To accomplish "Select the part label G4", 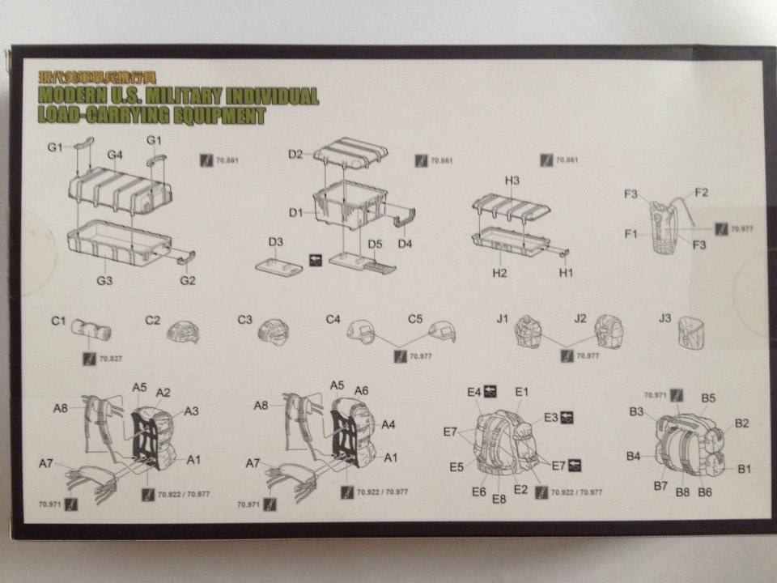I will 114,154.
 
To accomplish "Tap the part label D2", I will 295,154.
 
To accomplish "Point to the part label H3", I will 512,180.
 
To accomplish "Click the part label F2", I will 701,192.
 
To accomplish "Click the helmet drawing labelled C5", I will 442,330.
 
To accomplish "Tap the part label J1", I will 502,318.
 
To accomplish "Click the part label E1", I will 521,392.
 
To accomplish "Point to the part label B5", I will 708,398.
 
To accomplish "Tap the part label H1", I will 566,273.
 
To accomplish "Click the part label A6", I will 362,390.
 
